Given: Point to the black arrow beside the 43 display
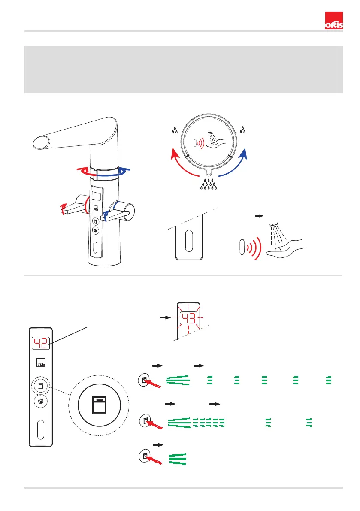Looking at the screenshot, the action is pyautogui.click(x=164, y=318).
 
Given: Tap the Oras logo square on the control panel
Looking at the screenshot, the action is pyautogui.click(x=41, y=364).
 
